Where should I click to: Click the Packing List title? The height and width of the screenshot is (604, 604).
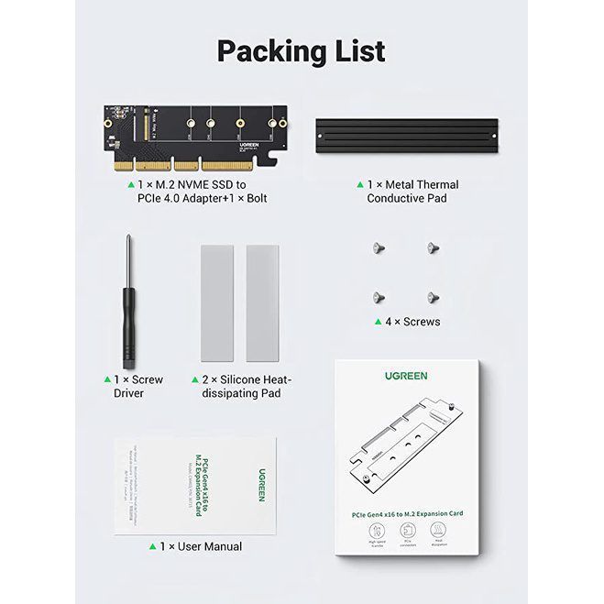(301, 51)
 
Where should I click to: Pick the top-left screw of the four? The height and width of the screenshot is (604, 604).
(377, 247)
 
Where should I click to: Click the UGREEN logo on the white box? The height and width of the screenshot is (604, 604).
(405, 376)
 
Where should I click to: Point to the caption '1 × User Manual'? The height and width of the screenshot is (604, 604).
(201, 546)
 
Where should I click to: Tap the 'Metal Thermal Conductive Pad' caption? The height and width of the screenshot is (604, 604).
(412, 191)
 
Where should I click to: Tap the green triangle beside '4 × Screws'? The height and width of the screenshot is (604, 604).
(378, 322)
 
